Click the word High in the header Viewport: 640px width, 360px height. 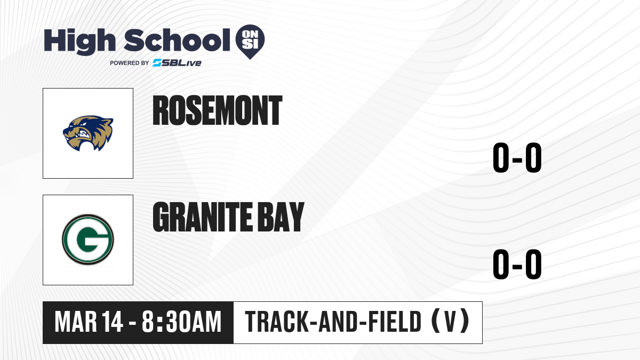point(79,41)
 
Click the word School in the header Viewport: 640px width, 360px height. point(177,40)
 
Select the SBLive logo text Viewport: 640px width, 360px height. point(177,63)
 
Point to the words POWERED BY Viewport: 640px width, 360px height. point(130,63)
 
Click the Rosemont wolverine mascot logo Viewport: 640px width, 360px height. point(88,133)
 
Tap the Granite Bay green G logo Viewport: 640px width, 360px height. point(88,239)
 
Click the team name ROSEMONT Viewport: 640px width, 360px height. point(218,110)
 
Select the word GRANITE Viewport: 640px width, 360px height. point(203,217)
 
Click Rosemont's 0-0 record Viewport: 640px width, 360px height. point(517,157)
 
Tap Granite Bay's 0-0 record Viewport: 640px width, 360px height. point(517,264)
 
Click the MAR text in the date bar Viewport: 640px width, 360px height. point(76,322)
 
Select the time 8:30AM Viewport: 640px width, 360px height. point(182,322)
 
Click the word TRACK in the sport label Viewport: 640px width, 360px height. point(277,322)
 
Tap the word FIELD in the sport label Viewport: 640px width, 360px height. point(395,322)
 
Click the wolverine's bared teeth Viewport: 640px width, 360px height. point(85,134)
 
